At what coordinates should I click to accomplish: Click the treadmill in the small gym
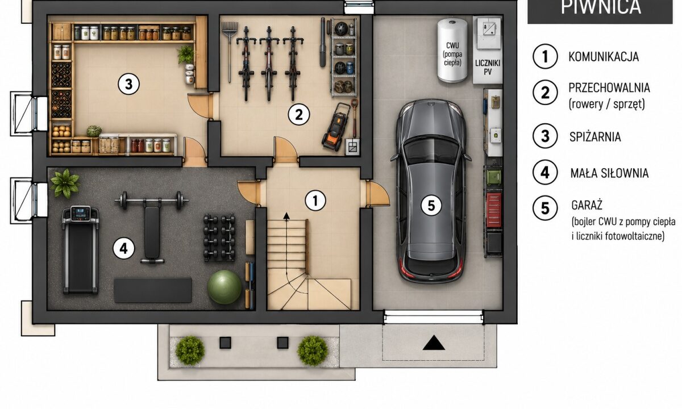[81, 249]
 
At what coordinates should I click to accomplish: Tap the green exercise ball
[224, 287]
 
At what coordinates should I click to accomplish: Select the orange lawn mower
[336, 127]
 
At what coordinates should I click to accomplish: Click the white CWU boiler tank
[452, 50]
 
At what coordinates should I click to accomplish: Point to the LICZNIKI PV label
[488, 67]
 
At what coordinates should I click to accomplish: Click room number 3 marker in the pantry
[129, 84]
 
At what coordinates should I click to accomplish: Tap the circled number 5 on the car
[431, 206]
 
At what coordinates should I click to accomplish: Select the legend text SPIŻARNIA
[595, 137]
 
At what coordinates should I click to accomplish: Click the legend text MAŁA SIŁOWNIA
[609, 173]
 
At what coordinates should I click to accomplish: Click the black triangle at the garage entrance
[434, 343]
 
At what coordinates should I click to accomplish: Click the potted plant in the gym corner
[65, 183]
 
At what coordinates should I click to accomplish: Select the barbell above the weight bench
[151, 200]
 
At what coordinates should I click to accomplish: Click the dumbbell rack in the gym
[219, 237]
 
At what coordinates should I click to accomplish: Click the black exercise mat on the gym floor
[153, 290]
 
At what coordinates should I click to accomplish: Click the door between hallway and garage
[377, 194]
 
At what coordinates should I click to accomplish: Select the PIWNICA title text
[601, 7]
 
